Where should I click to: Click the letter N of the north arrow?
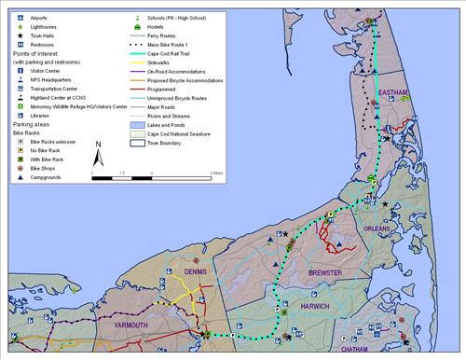coord(99,145)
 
